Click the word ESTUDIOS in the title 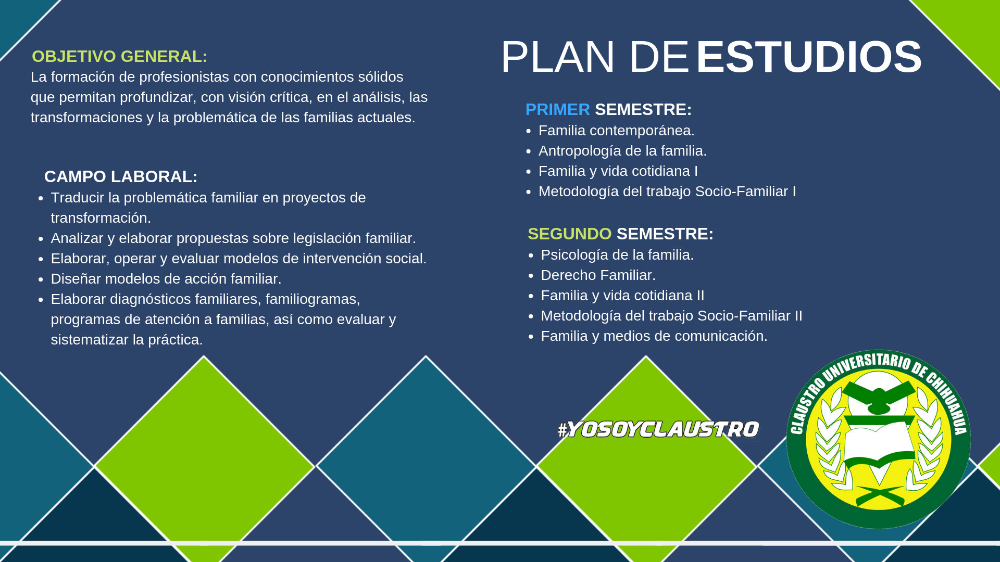pos(809,57)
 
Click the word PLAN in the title pos(558,57)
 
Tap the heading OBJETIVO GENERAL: pos(120,56)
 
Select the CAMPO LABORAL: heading pos(121,176)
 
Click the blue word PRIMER pos(557,109)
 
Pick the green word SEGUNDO pos(570,234)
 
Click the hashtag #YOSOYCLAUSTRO pos(658,429)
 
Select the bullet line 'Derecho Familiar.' pos(598,275)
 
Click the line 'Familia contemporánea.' pos(616,130)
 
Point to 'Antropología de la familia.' pos(622,150)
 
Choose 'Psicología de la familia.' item pos(617,254)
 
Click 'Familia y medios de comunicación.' pos(654,336)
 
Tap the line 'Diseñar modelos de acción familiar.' pos(166,278)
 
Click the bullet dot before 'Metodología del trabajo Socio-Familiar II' pos(531,316)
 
